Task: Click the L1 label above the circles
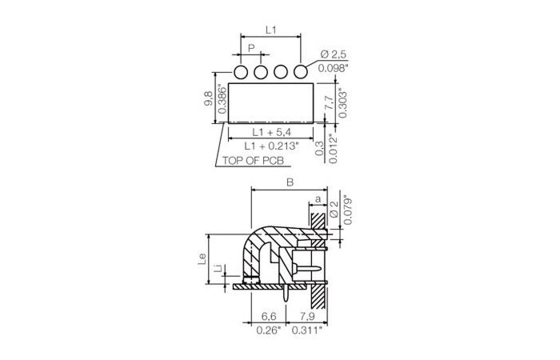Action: tap(270, 30)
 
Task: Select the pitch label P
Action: tap(250, 49)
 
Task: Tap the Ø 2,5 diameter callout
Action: tap(334, 54)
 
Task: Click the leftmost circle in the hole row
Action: tap(240, 73)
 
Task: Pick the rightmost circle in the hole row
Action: tap(301, 73)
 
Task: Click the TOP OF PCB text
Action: tap(253, 161)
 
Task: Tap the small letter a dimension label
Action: tap(318, 198)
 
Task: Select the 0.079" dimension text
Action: tap(346, 210)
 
